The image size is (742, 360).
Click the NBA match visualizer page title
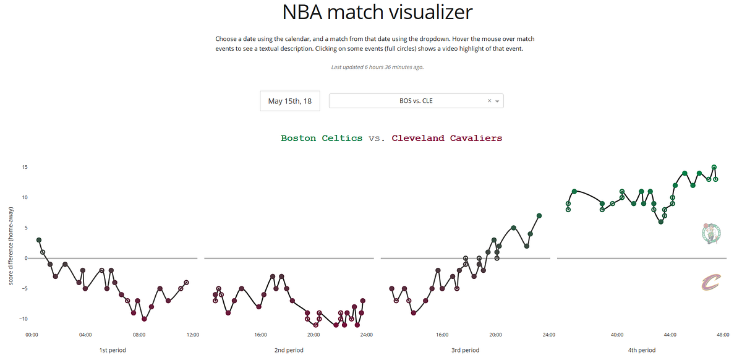coord(377,12)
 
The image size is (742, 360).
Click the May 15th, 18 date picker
coord(289,101)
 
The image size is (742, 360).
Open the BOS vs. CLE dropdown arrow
coord(497,101)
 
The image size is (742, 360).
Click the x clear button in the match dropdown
coord(489,101)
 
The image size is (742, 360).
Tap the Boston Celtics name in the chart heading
coord(322,139)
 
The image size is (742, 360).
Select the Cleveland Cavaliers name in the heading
coord(446,139)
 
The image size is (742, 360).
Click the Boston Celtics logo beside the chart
coord(711,233)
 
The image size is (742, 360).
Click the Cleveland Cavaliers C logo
coord(711,283)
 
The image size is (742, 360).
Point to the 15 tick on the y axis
coord(25,167)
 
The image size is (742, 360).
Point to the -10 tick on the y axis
coord(23,319)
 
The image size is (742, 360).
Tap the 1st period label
coord(113,350)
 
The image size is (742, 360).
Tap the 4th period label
coord(641,350)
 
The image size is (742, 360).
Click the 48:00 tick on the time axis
coord(723,335)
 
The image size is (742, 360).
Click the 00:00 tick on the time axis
coord(32,335)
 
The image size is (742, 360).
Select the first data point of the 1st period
coord(38,240)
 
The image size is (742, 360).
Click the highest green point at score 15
coord(714,167)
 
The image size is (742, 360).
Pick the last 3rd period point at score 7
coord(539,216)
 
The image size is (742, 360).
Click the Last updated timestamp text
coord(377,67)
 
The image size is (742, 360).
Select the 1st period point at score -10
coord(144,319)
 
